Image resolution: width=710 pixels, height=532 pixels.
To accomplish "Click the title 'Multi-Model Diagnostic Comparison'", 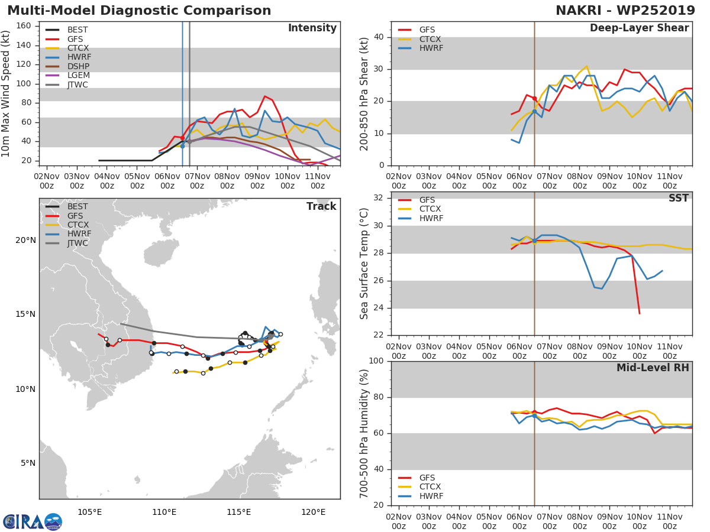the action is pyautogui.click(x=139, y=11).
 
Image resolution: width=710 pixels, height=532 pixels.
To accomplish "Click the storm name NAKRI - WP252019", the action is pyautogui.click(x=625, y=11).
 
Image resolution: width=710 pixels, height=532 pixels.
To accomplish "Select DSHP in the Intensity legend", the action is pyautogui.click(x=78, y=66).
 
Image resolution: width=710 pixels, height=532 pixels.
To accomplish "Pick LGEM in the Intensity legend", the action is pyautogui.click(x=79, y=75).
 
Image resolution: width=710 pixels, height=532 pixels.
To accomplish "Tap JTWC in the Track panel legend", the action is pyautogui.click(x=78, y=243).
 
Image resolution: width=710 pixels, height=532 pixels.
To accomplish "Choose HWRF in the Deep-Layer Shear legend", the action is pyautogui.click(x=431, y=48).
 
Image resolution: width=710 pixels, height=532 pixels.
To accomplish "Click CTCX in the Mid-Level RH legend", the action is pyautogui.click(x=430, y=486).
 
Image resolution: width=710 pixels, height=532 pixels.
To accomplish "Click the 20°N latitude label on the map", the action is pyautogui.click(x=25, y=241).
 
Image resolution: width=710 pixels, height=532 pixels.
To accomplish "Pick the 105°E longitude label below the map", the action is pyautogui.click(x=89, y=512).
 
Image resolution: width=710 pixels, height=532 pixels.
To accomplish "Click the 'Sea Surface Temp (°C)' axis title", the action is pyautogui.click(x=364, y=264).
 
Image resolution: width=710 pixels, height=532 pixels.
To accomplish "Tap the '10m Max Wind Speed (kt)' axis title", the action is pyautogui.click(x=5, y=93).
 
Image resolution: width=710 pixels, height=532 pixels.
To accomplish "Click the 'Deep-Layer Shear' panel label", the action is pyautogui.click(x=639, y=28).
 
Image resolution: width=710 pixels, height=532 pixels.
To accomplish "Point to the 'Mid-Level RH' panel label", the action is pyautogui.click(x=653, y=368).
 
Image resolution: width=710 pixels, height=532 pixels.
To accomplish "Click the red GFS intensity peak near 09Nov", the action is pyautogui.click(x=265, y=96).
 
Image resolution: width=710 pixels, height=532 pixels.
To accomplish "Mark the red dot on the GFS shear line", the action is pyautogui.click(x=534, y=99).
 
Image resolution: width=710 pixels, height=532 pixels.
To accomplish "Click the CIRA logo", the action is pyautogui.click(x=33, y=522).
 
